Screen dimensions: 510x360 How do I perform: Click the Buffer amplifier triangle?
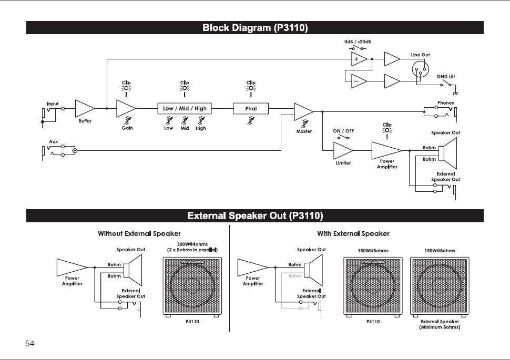click(84, 108)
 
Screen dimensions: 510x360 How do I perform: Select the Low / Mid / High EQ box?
click(185, 108)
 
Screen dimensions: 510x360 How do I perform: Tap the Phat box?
click(251, 108)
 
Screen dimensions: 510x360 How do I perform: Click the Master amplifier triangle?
click(303, 112)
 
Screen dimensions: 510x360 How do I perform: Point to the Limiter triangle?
click(342, 150)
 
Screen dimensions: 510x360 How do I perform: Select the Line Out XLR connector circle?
click(420, 69)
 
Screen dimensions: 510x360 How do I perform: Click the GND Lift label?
click(446, 76)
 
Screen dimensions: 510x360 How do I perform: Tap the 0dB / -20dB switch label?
click(358, 42)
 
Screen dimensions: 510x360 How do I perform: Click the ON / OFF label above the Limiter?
click(343, 131)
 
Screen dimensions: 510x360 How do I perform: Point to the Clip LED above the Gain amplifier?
click(126, 88)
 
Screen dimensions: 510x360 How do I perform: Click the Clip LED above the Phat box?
click(251, 88)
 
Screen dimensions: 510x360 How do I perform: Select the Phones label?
click(446, 103)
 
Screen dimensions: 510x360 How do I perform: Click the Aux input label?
click(53, 141)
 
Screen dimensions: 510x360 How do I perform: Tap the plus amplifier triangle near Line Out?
click(359, 59)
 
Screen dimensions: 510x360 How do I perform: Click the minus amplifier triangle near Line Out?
click(359, 81)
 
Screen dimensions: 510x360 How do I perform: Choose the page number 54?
click(29, 343)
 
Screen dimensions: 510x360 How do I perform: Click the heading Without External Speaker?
click(139, 233)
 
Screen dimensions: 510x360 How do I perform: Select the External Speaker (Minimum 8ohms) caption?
click(440, 324)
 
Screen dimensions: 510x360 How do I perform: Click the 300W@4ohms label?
click(192, 244)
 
